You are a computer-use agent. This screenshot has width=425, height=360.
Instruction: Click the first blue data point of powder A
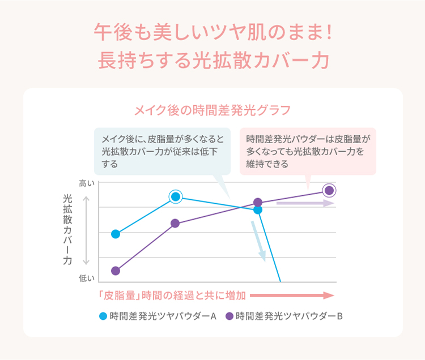[x=116, y=234]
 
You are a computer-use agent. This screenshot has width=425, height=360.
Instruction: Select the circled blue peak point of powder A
[x=176, y=196]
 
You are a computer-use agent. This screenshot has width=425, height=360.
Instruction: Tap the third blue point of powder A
[x=258, y=209]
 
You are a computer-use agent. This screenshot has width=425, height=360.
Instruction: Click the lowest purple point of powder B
[x=116, y=271]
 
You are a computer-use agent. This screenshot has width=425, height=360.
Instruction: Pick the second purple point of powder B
[x=175, y=224]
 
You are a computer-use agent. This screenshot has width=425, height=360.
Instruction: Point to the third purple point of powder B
[x=258, y=202]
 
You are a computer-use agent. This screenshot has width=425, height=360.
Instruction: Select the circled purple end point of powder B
[x=329, y=190]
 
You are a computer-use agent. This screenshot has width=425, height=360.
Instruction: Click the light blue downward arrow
[x=258, y=241]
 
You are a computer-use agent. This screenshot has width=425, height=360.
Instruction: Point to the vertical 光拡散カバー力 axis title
[x=67, y=229]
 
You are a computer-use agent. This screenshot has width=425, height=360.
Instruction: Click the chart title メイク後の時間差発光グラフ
[x=212, y=109]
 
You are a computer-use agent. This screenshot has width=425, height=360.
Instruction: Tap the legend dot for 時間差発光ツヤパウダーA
[x=103, y=316]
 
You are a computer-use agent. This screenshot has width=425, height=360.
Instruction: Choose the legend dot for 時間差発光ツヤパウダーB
[x=229, y=316]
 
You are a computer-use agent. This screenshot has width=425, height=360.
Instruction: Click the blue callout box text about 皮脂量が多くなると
[x=162, y=151]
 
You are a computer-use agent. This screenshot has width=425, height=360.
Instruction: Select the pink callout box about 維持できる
[x=308, y=151]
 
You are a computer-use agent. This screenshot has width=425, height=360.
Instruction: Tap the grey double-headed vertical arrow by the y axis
[x=86, y=230]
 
